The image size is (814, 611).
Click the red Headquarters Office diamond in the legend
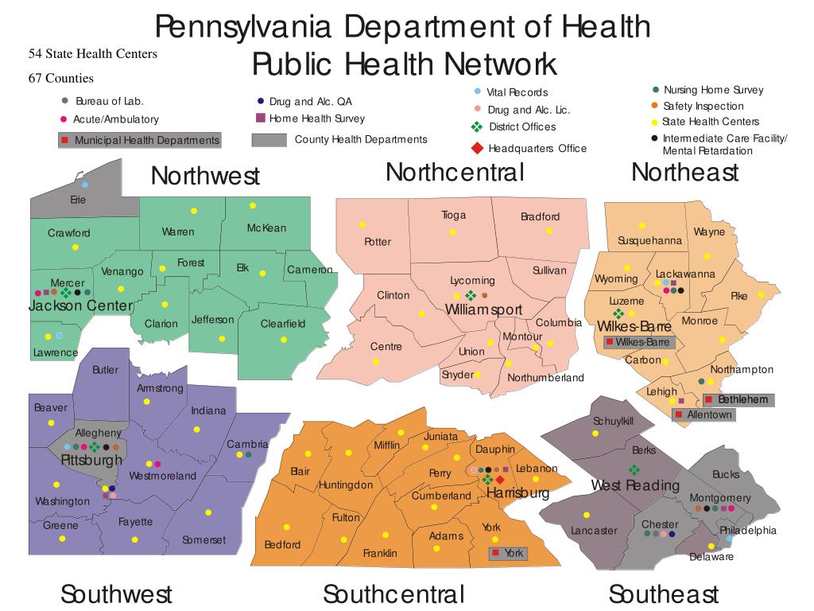pos(477,148)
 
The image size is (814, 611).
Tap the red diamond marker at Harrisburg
pos(500,480)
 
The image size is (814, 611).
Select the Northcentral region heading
pos(455,172)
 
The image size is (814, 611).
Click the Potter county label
pos(378,242)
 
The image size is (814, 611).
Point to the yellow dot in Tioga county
pos(453,232)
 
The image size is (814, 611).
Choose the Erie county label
pos(78,200)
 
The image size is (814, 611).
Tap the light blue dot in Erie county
pos(84,185)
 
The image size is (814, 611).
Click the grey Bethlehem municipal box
pos(736,399)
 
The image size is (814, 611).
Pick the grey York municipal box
pos(507,553)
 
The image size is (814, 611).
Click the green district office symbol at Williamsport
pos(471,296)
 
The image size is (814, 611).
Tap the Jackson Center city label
pos(80,306)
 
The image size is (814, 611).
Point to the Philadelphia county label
pos(748,531)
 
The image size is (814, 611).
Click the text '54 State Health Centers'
pos(93,54)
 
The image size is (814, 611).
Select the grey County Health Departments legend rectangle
pos(269,140)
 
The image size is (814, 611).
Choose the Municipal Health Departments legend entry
pos(140,141)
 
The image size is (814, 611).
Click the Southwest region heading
pos(116,593)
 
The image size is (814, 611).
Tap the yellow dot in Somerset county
pos(208,512)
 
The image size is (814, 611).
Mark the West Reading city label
pos(635,485)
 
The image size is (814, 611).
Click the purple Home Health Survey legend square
pos(260,119)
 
